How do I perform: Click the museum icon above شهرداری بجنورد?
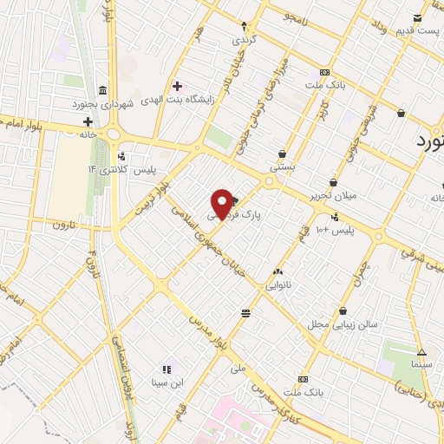pyautogui.click(x=102, y=90)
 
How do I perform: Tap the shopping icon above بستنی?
pyautogui.click(x=281, y=153)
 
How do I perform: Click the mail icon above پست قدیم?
pyautogui.click(x=419, y=17)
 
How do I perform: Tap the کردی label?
pyautogui.click(x=241, y=40)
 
